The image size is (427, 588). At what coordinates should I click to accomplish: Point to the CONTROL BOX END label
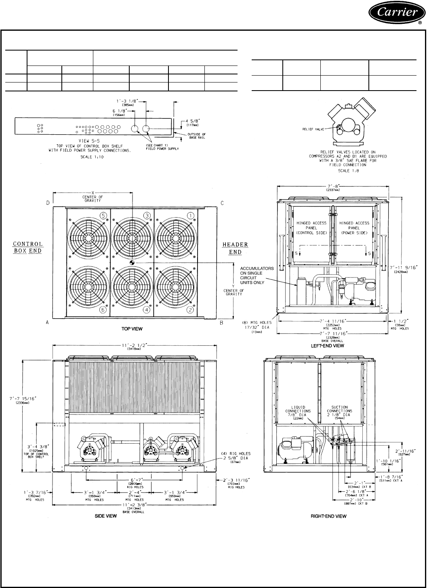click(28, 247)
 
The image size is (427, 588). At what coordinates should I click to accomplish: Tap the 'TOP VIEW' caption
click(132, 329)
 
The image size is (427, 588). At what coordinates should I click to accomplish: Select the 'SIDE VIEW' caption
click(106, 516)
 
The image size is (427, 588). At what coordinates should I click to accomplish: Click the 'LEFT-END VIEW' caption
click(327, 346)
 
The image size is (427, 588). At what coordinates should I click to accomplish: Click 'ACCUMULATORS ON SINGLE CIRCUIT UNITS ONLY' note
click(257, 275)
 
